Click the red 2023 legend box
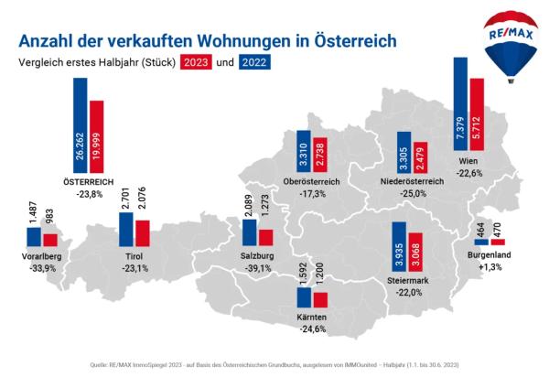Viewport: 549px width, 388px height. tap(196, 63)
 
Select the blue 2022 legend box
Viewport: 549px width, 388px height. tap(255, 63)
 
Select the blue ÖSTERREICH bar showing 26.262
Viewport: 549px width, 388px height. tap(81, 120)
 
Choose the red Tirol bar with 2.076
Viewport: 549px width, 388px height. tap(142, 233)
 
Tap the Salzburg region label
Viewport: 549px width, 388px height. tap(257, 257)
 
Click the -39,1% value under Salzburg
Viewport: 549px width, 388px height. tap(257, 269)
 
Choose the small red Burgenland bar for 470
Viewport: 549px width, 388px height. tap(498, 242)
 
